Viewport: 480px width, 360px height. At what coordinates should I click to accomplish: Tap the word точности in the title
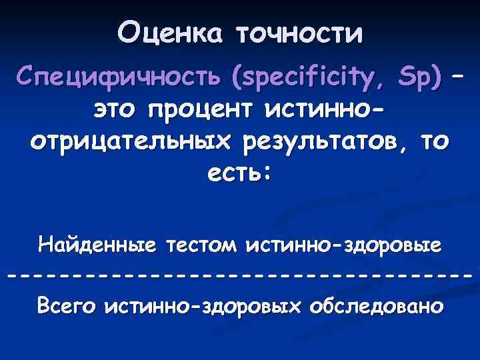(299, 33)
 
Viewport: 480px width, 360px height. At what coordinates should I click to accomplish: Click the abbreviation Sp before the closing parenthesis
(420, 80)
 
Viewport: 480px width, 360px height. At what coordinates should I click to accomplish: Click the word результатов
(303, 141)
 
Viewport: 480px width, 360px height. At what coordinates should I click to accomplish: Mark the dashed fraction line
(240, 275)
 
